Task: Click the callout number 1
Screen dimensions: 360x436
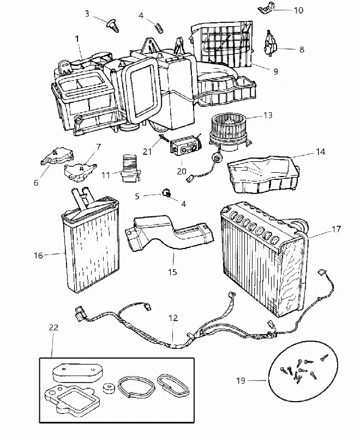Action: [x=77, y=39]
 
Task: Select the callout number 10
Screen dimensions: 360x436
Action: [x=298, y=10]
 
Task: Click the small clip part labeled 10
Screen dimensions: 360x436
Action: [x=266, y=8]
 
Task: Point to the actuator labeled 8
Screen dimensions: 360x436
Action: [x=270, y=45]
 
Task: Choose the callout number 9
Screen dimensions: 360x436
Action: [x=275, y=71]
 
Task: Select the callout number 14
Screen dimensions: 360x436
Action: [x=321, y=152]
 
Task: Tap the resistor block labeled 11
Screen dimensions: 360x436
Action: [x=130, y=168]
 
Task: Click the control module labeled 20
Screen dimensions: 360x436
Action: [x=184, y=146]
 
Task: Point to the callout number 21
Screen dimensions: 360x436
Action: [x=147, y=152]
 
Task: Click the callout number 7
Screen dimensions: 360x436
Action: [x=99, y=147]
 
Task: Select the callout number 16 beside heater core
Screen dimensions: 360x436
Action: [x=39, y=255]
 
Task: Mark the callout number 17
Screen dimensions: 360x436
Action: [x=336, y=229]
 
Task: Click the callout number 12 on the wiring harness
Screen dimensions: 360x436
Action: [x=173, y=318]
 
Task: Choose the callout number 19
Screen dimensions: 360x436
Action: [x=241, y=380]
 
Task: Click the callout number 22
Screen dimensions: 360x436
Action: [x=53, y=328]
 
